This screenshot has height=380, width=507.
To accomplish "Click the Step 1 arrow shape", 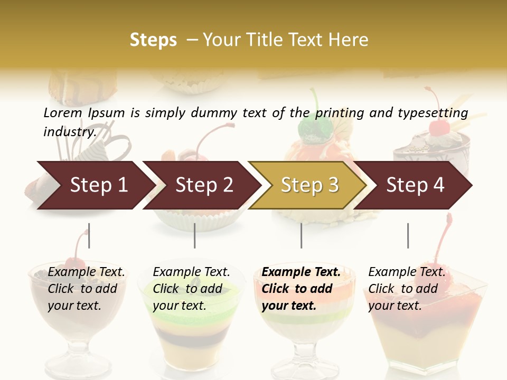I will click(x=95, y=185).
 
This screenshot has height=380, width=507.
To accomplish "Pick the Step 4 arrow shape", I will click(x=415, y=185).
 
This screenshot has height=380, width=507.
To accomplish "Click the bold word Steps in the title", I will click(x=153, y=40).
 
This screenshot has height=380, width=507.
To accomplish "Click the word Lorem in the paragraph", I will click(x=62, y=112).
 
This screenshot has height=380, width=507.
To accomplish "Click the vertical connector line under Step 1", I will click(x=89, y=235).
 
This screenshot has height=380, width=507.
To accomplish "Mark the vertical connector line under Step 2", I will click(x=195, y=235).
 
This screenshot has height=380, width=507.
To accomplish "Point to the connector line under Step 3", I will click(x=302, y=235).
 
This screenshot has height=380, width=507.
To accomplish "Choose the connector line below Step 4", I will click(x=408, y=235).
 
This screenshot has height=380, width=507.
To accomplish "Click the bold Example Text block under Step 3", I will click(x=301, y=289).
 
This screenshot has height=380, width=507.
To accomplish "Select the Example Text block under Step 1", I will click(x=86, y=289).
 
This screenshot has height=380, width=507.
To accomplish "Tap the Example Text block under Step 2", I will click(x=191, y=289).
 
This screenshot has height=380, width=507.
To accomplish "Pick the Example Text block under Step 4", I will click(x=407, y=289).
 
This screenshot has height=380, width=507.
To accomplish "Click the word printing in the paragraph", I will click(x=338, y=112).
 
